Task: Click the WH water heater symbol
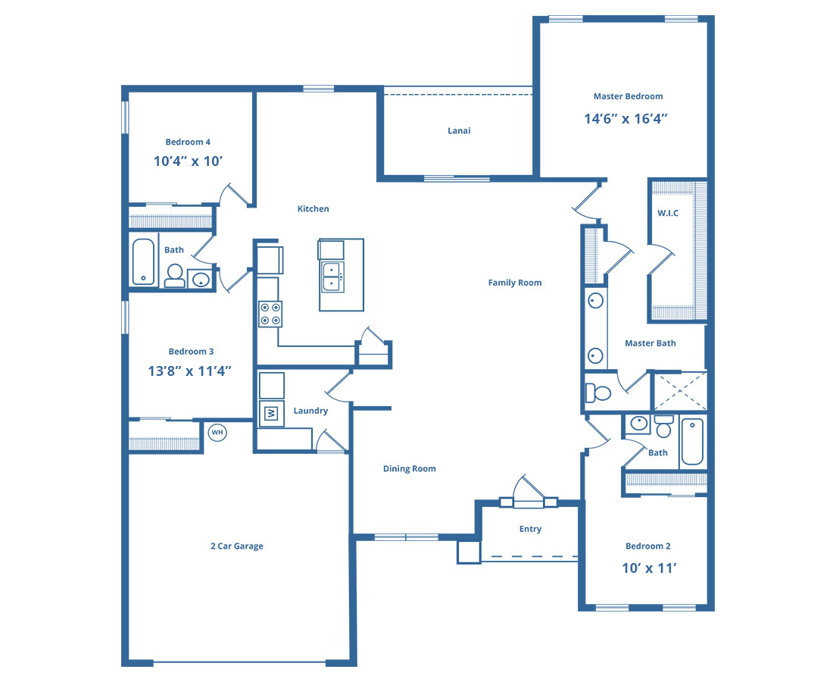[217, 432]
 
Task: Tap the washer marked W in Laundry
[271, 413]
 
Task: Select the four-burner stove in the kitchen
[270, 314]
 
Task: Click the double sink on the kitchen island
[332, 277]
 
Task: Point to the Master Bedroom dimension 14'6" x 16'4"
[626, 118]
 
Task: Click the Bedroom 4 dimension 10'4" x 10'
[188, 161]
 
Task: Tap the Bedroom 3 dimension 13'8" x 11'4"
[190, 371]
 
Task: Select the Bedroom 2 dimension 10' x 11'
[649, 568]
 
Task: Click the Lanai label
[459, 131]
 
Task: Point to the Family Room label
[515, 283]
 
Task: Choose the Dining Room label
[410, 468]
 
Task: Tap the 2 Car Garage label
[237, 546]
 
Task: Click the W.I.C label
[668, 213]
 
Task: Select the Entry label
[531, 529]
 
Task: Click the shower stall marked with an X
[680, 392]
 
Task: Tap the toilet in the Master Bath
[597, 393]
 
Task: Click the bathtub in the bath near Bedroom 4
[143, 261]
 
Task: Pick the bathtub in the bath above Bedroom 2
[693, 441]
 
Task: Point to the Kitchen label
[313, 208]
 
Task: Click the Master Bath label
[650, 343]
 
